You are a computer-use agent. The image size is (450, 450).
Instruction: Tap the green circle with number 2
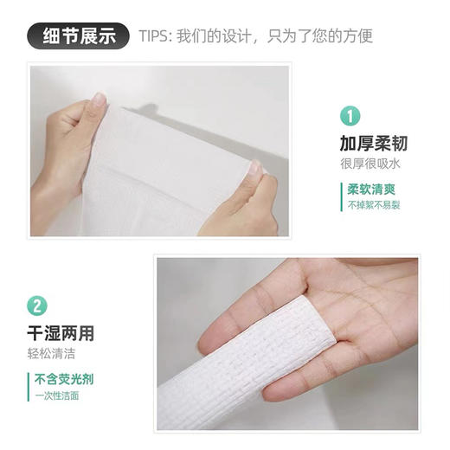tap(37, 305)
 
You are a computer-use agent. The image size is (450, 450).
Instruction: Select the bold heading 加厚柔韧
tap(373, 143)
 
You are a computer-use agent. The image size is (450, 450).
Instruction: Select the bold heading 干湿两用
tap(61, 332)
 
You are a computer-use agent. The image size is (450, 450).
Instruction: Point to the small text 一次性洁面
tap(57, 395)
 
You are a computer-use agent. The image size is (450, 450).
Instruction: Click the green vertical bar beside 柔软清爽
tap(340, 196)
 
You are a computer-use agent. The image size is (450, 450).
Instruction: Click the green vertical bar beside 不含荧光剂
tap(29, 386)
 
